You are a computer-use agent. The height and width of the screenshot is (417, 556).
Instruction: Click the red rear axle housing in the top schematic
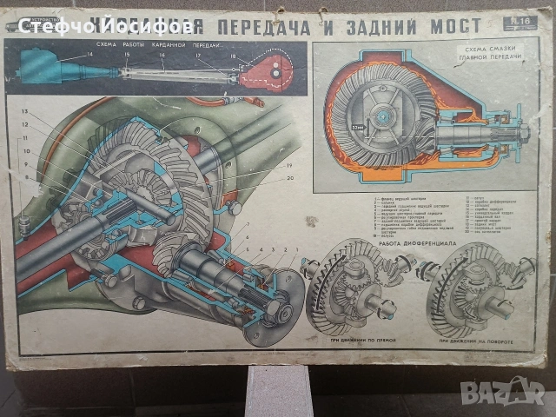click(265, 73)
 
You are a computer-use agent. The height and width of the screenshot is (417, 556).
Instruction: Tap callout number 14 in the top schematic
click(89, 56)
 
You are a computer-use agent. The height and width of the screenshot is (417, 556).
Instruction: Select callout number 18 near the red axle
click(233, 56)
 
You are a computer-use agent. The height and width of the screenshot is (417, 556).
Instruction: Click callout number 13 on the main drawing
click(25, 114)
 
